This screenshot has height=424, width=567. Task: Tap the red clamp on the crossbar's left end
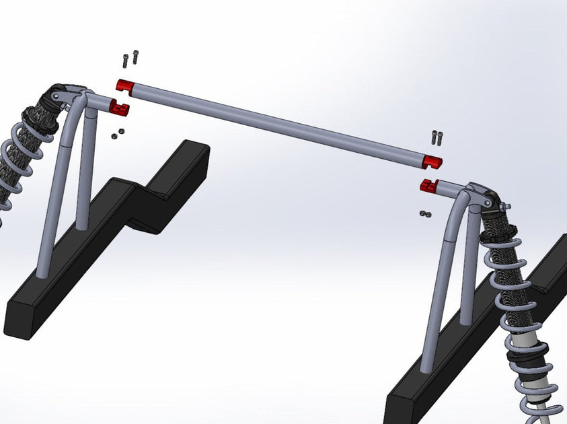click(x=125, y=86)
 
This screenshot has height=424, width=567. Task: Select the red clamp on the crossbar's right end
click(x=432, y=162)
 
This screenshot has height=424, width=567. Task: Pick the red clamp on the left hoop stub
click(x=119, y=107)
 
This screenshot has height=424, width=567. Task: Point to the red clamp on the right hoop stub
click(x=428, y=185)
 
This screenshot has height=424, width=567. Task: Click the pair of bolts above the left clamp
click(x=130, y=59)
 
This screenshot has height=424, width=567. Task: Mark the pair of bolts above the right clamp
click(x=437, y=137)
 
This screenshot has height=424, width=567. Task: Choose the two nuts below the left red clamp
click(x=118, y=133)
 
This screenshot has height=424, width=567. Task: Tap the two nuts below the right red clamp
click(x=424, y=213)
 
